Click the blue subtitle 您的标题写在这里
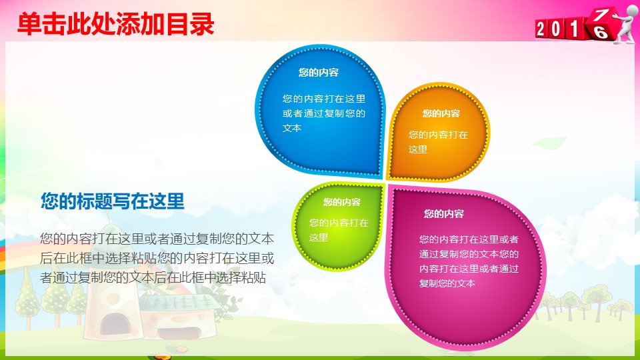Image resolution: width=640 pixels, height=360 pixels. (112, 201)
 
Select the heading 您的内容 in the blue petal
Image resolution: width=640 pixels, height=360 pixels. (318, 73)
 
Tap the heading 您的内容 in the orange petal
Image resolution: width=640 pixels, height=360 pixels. (441, 114)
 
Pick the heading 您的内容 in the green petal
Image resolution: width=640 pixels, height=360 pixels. (342, 203)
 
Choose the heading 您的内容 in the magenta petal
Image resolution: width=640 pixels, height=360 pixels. (443, 214)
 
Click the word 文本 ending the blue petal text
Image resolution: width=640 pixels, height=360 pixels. (292, 128)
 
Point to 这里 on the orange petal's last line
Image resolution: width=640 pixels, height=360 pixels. (418, 149)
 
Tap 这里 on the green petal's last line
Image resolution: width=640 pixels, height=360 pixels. (319, 237)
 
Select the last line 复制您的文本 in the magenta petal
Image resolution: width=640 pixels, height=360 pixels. (447, 283)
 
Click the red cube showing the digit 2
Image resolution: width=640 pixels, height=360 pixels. (544, 29)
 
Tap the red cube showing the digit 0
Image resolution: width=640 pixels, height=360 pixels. (560, 29)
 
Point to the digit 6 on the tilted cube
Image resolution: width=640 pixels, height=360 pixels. (601, 32)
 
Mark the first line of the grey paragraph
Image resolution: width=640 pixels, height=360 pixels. (157, 238)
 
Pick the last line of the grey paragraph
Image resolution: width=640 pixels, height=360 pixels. (153, 277)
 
